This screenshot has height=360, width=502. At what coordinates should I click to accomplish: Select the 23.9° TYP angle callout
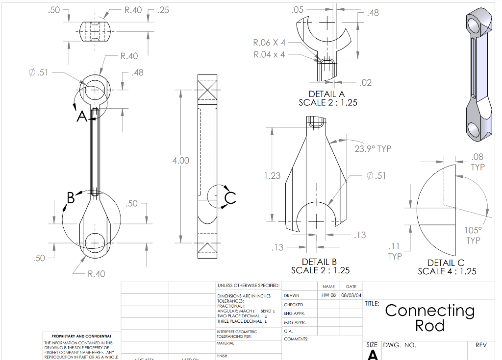click(x=373, y=148)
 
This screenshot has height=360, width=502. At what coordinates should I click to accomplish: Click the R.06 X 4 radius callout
click(x=269, y=43)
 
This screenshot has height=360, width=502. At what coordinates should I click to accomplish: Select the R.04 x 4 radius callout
click(x=269, y=54)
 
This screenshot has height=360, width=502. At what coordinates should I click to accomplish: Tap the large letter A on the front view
click(x=81, y=117)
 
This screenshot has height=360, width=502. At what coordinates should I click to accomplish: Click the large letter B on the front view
click(x=71, y=198)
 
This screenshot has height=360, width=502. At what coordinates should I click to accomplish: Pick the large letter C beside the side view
click(x=230, y=198)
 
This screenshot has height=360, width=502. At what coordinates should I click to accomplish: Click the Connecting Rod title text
click(x=429, y=317)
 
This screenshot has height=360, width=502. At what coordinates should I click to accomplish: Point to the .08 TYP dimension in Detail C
click(x=477, y=162)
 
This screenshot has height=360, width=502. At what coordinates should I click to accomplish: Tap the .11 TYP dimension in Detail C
click(x=395, y=251)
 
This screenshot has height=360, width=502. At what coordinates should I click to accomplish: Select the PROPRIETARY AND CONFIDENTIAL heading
click(x=78, y=336)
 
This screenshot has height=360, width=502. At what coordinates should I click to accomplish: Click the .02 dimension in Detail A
click(x=365, y=83)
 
